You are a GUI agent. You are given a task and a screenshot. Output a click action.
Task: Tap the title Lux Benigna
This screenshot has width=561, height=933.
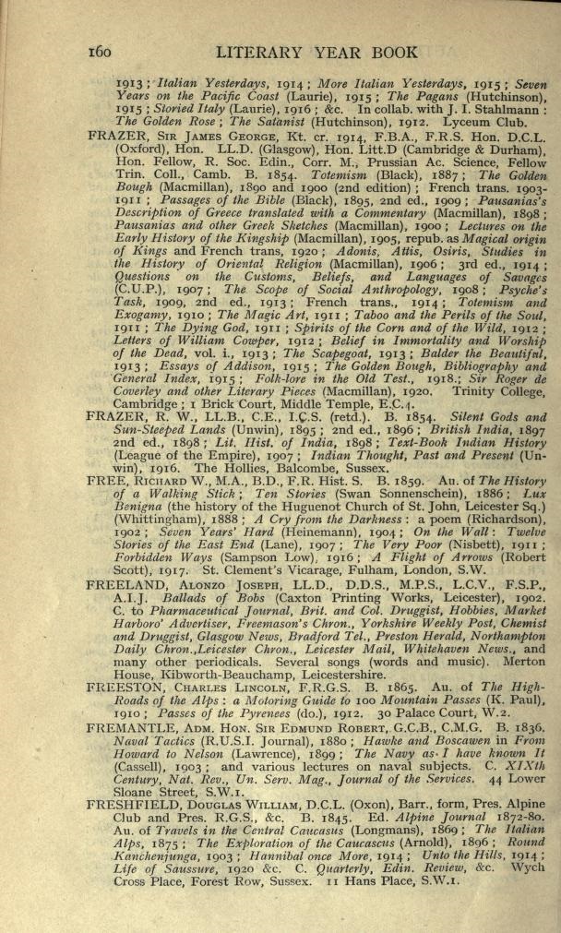(503, 496)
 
